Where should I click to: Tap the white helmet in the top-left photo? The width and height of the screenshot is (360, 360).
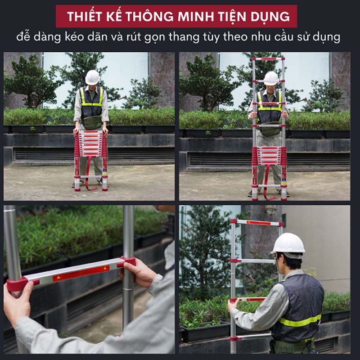click(x=92, y=77)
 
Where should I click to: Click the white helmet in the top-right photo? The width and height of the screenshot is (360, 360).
click(x=271, y=78)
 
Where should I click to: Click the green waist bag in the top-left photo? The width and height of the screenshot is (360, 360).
click(x=93, y=122)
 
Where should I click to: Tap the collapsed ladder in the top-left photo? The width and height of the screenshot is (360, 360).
click(x=91, y=153)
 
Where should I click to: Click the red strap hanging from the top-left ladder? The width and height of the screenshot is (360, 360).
click(x=87, y=173)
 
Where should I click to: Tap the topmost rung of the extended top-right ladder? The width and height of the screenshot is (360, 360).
click(x=268, y=59)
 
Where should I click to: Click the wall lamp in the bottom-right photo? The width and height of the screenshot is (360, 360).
click(x=270, y=210)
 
